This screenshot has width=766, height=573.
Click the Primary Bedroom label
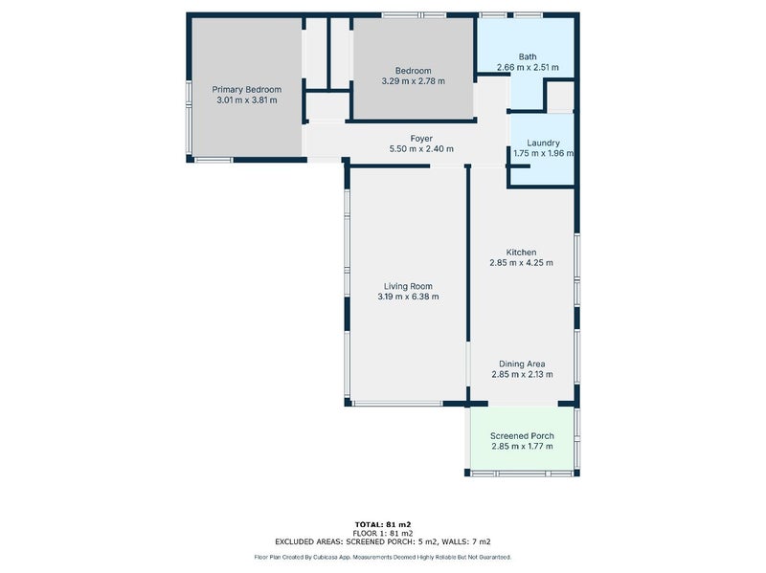247,90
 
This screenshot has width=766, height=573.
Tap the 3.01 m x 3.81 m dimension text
247,100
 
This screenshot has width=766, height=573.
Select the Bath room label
528,57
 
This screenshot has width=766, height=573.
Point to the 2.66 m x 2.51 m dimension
528,68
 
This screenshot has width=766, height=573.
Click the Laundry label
543,143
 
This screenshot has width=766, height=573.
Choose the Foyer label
421,139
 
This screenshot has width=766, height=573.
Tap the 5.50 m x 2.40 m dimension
421,149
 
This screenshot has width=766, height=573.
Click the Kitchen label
521,253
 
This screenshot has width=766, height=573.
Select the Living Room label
408,287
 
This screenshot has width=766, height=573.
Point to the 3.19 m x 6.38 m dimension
408,297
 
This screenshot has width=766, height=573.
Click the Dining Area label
522,364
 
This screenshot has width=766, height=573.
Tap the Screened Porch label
522,436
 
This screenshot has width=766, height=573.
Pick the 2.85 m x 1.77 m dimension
522,447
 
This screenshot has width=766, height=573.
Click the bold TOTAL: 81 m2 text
383,525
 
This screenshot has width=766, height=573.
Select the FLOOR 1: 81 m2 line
383,534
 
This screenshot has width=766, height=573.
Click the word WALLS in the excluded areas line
456,541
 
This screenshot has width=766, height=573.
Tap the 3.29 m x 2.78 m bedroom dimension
414,81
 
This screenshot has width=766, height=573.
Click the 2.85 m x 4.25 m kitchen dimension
521,263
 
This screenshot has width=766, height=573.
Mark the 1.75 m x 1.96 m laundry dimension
543,154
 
